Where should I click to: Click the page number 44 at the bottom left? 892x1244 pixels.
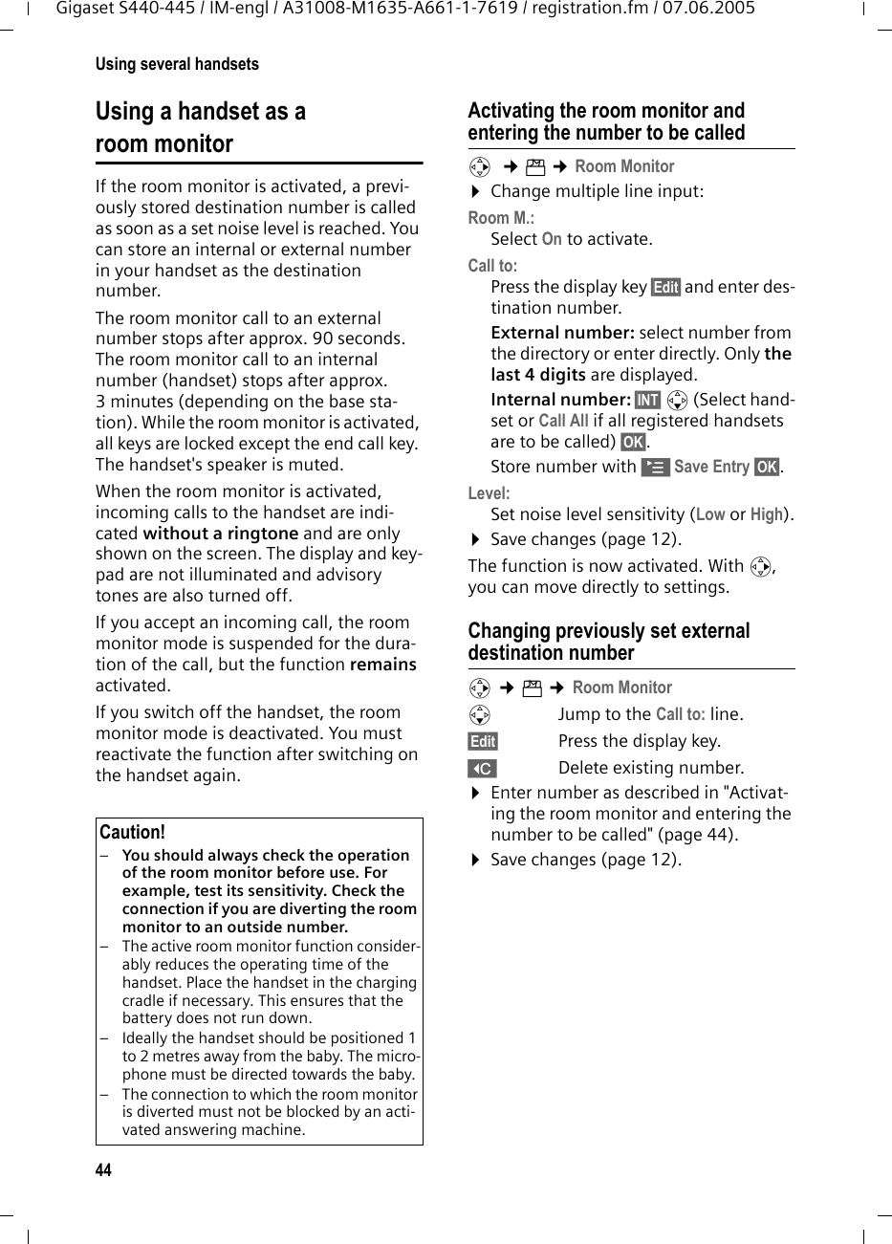click(103, 1170)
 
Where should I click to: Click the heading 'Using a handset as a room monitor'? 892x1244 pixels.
click(201, 127)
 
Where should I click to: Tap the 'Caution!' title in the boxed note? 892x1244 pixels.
click(132, 832)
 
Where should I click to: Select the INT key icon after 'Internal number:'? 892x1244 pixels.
click(647, 400)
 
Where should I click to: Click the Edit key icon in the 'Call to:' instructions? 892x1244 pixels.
click(664, 287)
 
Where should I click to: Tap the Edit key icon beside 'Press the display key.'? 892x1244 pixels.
click(483, 741)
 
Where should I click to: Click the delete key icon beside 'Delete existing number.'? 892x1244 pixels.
click(483, 768)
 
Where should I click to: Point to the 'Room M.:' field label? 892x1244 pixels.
click(501, 217)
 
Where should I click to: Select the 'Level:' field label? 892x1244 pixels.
click(489, 493)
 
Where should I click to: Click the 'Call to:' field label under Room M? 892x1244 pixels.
click(492, 266)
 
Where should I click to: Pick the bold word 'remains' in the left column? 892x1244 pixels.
click(383, 665)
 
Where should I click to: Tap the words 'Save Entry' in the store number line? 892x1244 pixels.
click(711, 467)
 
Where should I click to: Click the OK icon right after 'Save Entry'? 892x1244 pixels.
click(766, 467)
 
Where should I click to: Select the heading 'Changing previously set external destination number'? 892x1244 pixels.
click(609, 642)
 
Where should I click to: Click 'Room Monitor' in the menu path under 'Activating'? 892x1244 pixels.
click(624, 166)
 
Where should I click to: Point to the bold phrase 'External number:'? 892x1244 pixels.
click(562, 333)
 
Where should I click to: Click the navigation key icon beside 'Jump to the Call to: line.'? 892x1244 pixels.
click(479, 714)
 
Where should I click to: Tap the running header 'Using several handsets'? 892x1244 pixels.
click(177, 64)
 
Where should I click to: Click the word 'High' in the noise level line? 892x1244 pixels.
click(766, 514)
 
